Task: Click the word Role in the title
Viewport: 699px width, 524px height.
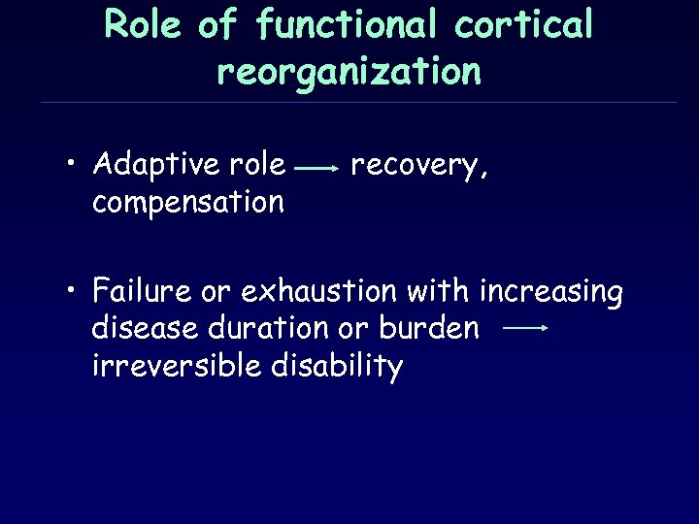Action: (x=143, y=25)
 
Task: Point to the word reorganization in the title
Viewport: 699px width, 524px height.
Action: (x=349, y=71)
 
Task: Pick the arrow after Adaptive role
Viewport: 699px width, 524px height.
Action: (x=316, y=168)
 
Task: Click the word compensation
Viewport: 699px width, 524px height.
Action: (x=187, y=202)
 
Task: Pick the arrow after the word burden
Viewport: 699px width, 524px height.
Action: (x=526, y=329)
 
